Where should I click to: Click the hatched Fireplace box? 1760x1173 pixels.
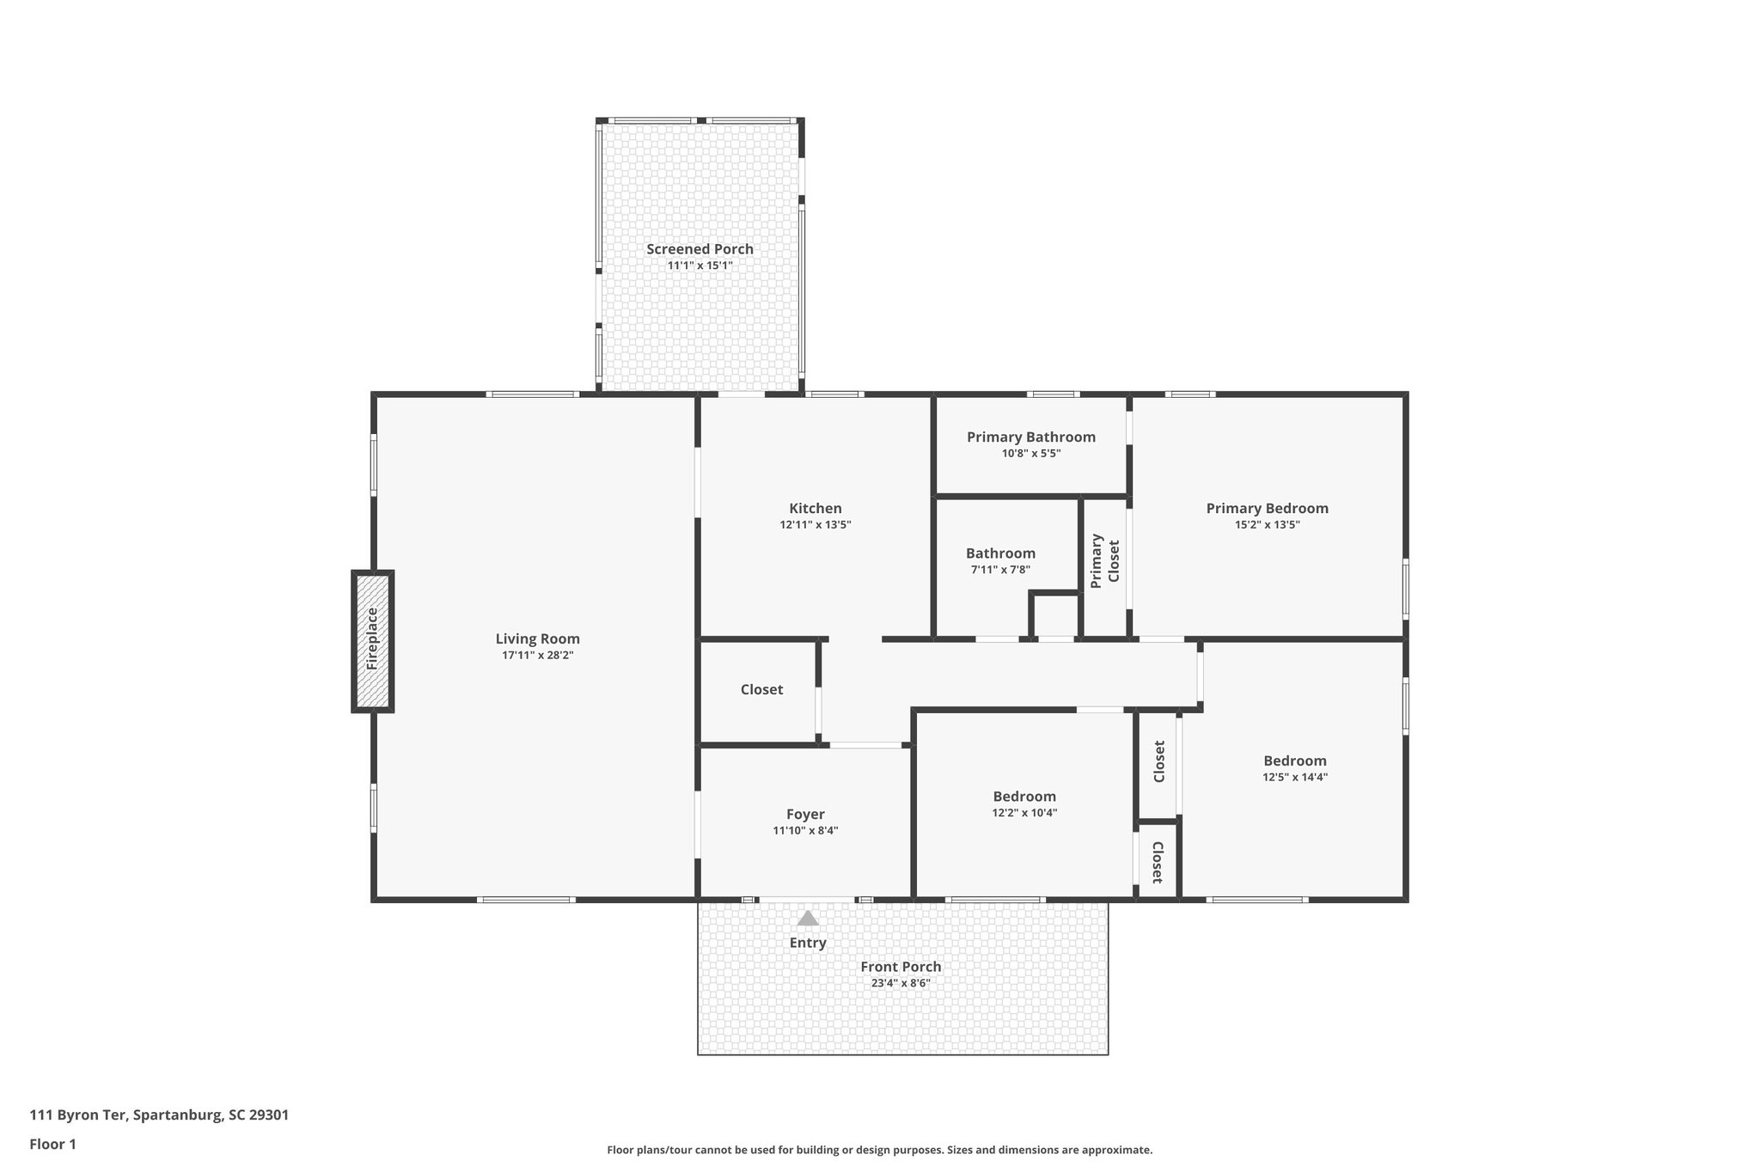pyautogui.click(x=372, y=640)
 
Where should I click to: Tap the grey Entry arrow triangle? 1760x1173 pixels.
pyautogui.click(x=807, y=919)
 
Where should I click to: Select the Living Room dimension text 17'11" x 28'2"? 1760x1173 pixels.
pyautogui.click(x=537, y=655)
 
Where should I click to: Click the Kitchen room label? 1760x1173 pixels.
pyautogui.click(x=815, y=508)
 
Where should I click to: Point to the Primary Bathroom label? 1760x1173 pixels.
pyautogui.click(x=1030, y=437)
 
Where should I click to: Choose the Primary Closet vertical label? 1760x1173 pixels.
pyautogui.click(x=1105, y=561)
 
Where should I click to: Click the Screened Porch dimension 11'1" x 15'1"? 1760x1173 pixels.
pyautogui.click(x=700, y=266)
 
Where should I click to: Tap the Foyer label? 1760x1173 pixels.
pyautogui.click(x=804, y=814)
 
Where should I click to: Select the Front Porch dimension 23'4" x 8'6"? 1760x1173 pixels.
pyautogui.click(x=900, y=983)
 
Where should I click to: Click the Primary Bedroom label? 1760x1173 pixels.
pyautogui.click(x=1267, y=508)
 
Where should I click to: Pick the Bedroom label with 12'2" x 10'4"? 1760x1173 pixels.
pyautogui.click(x=1024, y=796)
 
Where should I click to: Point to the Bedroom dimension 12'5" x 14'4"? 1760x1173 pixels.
pyautogui.click(x=1294, y=777)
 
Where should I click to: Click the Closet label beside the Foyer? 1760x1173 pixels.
pyautogui.click(x=761, y=689)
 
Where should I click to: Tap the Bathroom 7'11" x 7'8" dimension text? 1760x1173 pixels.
pyautogui.click(x=999, y=570)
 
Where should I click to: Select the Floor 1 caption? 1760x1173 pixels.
pyautogui.click(x=52, y=1144)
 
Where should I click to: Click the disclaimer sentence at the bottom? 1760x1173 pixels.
pyautogui.click(x=879, y=1150)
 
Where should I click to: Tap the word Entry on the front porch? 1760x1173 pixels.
pyautogui.click(x=807, y=943)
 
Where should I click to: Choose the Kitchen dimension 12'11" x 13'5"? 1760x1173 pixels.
pyautogui.click(x=815, y=525)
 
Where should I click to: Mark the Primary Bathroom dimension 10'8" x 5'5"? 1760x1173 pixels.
pyautogui.click(x=1030, y=454)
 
